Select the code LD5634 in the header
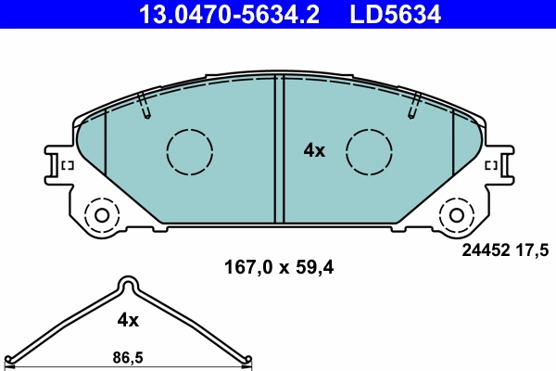click(x=394, y=14)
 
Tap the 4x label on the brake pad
click(x=315, y=150)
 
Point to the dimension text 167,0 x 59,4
click(x=278, y=268)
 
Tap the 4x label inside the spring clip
click(x=128, y=320)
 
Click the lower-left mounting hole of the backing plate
click(x=100, y=215)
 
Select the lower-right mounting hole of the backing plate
click(x=456, y=215)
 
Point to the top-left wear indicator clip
click(x=144, y=106)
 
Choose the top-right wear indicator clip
click(x=413, y=106)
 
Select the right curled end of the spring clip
click(x=245, y=362)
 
